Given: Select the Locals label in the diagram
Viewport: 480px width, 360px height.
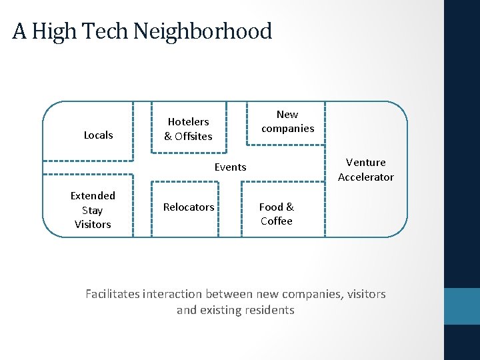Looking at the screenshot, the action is click(x=98, y=135).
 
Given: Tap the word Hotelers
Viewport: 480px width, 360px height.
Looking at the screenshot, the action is click(x=188, y=121).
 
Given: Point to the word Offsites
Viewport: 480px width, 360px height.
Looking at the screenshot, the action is click(x=194, y=136).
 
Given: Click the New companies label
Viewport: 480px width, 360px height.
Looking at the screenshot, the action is click(x=287, y=121).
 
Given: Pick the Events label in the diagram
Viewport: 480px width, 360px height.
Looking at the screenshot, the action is click(x=230, y=167).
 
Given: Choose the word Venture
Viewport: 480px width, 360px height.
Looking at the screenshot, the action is click(x=365, y=162).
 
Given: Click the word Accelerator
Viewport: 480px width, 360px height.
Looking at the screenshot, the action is click(x=365, y=177).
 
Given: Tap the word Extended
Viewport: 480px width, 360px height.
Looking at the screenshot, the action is click(x=93, y=195).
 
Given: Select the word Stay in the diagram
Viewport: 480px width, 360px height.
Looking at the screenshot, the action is click(x=93, y=210).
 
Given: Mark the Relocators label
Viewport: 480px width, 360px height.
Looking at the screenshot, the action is click(x=189, y=207).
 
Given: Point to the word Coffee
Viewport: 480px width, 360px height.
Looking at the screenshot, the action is click(x=276, y=221).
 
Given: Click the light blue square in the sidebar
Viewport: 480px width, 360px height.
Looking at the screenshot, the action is click(x=461, y=306).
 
